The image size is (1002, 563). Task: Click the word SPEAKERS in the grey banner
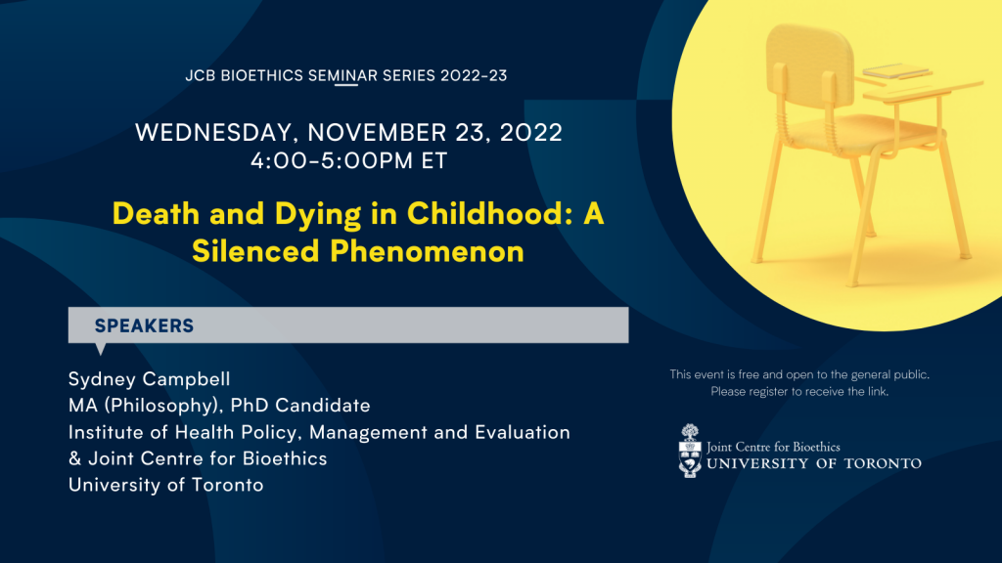(x=144, y=325)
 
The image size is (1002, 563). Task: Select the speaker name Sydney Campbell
(x=149, y=379)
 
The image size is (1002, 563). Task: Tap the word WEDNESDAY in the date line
(x=213, y=133)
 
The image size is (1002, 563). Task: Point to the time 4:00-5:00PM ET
(x=349, y=161)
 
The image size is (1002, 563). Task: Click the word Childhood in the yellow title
(x=483, y=213)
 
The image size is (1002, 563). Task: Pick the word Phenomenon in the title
(x=427, y=251)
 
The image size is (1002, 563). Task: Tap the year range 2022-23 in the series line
(x=474, y=75)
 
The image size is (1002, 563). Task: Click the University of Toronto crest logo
(x=690, y=451)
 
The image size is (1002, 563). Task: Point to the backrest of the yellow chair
(x=810, y=64)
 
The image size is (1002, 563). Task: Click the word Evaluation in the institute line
(x=523, y=432)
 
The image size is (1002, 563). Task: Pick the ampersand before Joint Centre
(x=74, y=458)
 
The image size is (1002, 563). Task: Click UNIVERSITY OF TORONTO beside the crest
(x=814, y=463)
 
